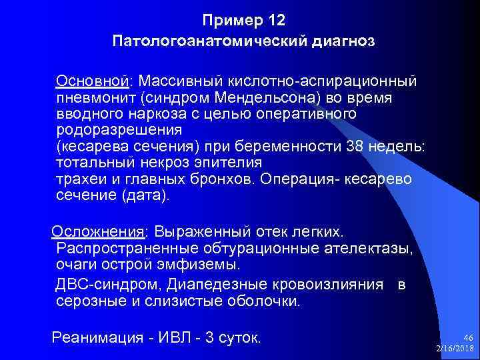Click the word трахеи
click(x=79, y=180)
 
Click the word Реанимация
click(x=97, y=337)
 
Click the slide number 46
click(x=467, y=338)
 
